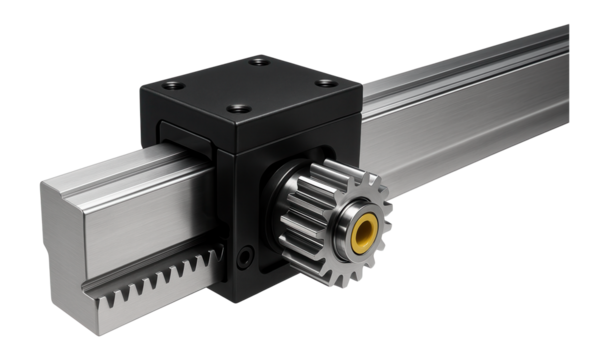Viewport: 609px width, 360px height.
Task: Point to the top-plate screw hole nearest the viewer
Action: (x=238, y=107)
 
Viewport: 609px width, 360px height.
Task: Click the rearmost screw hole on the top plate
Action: (x=260, y=62)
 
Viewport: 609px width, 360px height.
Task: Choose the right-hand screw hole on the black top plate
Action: (x=323, y=82)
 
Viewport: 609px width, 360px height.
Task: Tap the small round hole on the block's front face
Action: (x=245, y=258)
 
